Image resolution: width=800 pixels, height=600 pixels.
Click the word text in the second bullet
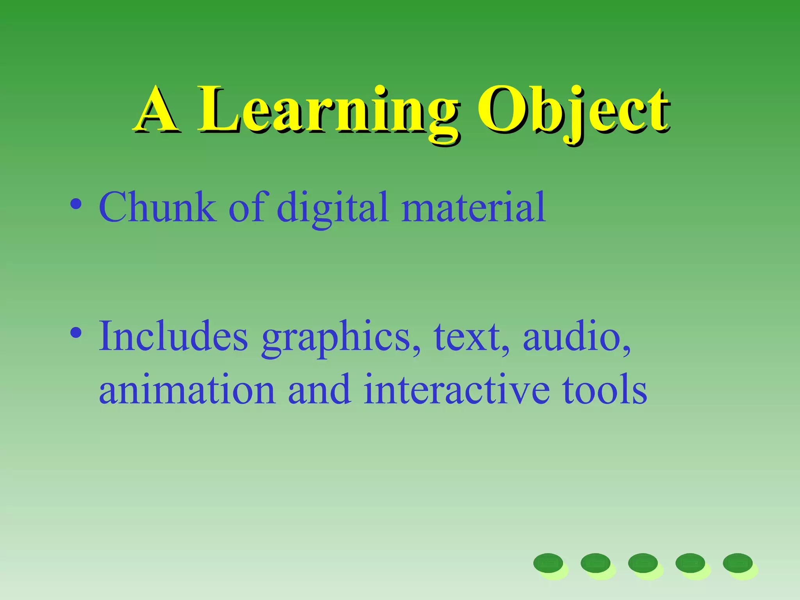(x=467, y=337)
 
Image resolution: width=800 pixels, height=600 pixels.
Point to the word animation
(x=187, y=390)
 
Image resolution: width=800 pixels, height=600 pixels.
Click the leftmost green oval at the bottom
(x=548, y=563)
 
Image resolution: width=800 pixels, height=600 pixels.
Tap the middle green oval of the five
(x=643, y=563)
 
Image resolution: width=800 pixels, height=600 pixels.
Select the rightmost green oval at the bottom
(x=737, y=563)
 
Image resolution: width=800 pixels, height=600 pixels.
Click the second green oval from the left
(x=595, y=563)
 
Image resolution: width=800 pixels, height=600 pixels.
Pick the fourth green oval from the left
(x=690, y=563)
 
